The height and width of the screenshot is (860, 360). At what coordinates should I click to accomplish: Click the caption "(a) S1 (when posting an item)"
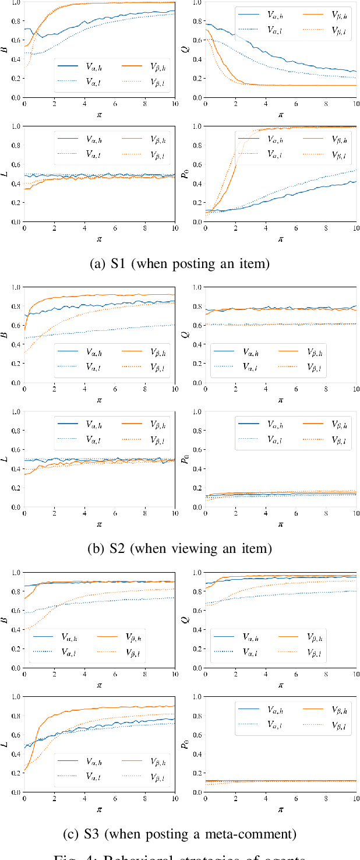[179, 264]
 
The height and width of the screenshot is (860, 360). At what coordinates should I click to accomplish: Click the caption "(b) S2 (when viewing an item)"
[179, 549]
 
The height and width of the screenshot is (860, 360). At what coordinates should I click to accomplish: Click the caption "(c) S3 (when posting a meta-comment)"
[179, 834]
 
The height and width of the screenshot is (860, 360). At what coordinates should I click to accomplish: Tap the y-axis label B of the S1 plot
[5, 50]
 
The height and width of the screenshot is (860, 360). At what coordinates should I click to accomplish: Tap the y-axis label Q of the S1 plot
[185, 50]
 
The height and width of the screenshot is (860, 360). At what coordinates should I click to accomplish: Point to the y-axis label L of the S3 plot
[5, 744]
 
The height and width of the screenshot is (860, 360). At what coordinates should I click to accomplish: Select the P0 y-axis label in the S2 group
[185, 459]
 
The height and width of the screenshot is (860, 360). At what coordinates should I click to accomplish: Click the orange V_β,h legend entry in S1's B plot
[143, 68]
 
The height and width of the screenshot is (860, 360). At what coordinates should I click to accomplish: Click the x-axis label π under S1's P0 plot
[280, 238]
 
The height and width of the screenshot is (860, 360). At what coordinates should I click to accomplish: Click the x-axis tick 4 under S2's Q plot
[266, 392]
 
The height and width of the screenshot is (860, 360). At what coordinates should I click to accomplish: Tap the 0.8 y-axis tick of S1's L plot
[13, 146]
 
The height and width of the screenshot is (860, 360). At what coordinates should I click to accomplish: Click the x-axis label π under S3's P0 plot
[280, 809]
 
